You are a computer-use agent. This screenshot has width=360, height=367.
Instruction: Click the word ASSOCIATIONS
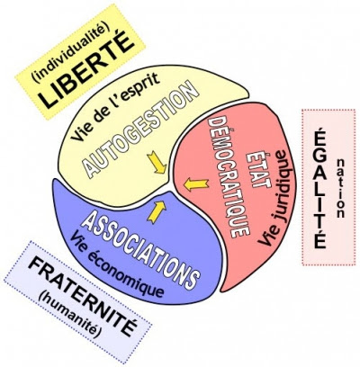click(x=140, y=250)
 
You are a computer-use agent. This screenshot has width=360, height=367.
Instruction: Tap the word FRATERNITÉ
click(x=83, y=296)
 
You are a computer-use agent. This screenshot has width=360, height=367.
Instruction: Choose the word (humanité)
click(x=69, y=314)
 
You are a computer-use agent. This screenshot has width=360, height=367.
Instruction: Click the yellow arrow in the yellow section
click(x=157, y=162)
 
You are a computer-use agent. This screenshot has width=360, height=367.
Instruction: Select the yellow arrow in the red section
click(x=195, y=184)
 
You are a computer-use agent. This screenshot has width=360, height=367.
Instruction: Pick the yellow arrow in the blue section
click(x=157, y=211)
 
